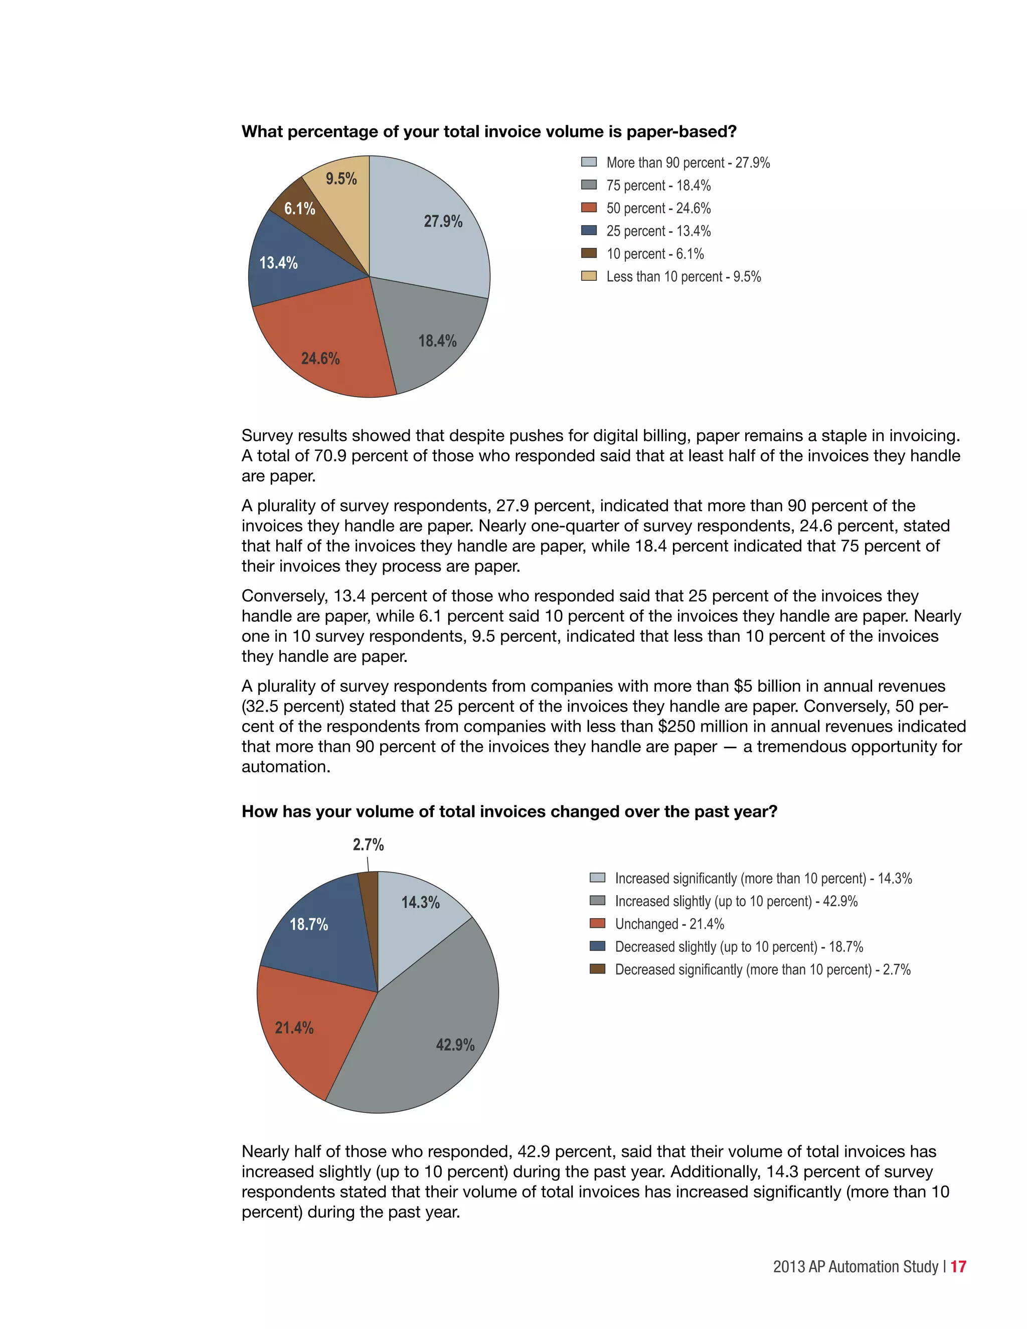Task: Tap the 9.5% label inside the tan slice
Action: point(341,179)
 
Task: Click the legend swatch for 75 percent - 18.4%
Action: point(588,185)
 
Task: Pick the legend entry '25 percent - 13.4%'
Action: point(658,231)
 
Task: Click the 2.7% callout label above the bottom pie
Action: point(368,845)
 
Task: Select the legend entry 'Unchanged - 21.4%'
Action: point(669,924)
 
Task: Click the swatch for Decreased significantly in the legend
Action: point(597,969)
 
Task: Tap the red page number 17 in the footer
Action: point(958,1266)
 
